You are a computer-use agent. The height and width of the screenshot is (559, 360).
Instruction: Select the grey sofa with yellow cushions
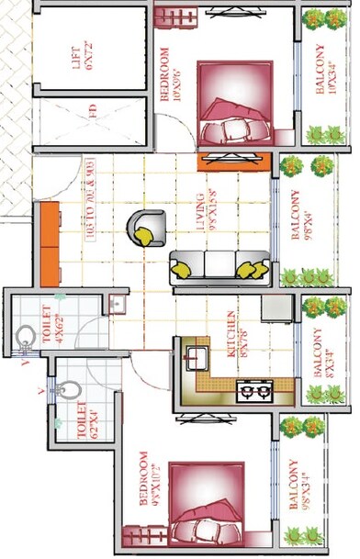coord(219,265)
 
